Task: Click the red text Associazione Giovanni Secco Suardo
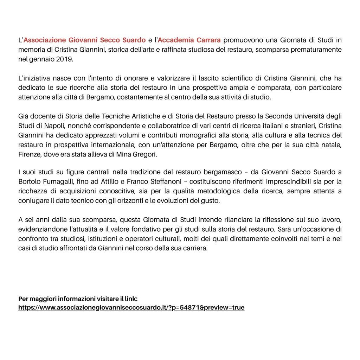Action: [84, 40]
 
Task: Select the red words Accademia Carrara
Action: [189, 40]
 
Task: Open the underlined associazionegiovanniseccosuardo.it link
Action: [131, 308]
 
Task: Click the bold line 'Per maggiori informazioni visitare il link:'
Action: [78, 299]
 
